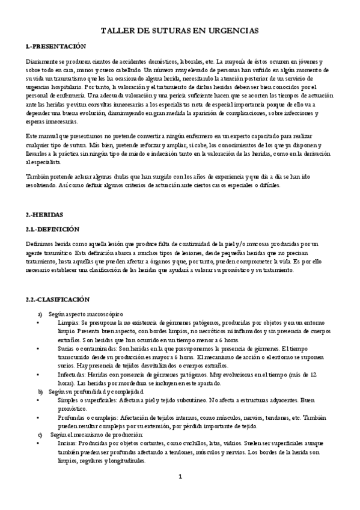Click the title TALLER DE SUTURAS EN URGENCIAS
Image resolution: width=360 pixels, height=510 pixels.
tap(180, 29)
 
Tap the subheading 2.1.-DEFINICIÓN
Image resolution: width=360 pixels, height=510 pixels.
tap(53, 229)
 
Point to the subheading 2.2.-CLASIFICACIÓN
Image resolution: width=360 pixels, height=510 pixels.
tap(58, 299)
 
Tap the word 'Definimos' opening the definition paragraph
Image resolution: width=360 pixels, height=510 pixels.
tap(40, 244)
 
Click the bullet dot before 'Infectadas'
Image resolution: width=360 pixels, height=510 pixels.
tap(37, 374)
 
